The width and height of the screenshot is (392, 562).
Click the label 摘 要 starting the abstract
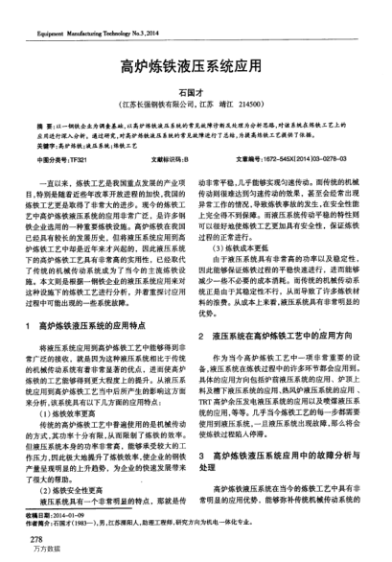tap(46, 127)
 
